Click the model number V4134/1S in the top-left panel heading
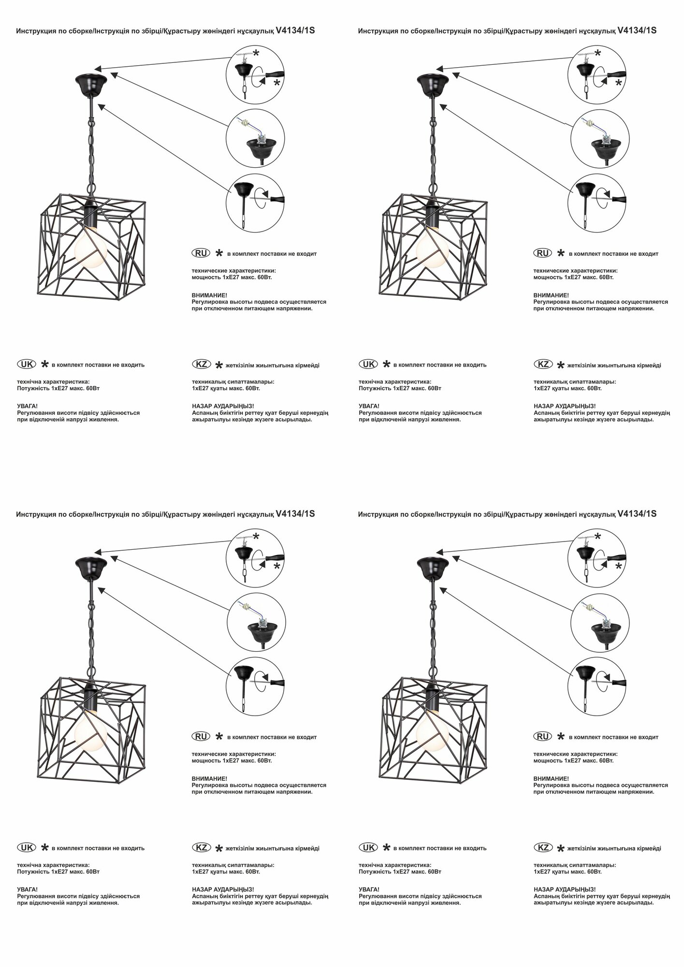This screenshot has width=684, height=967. (x=295, y=30)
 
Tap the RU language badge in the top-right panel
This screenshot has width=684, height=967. (x=543, y=253)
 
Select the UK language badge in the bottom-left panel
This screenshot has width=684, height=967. (x=26, y=847)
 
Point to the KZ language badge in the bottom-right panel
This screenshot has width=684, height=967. (x=543, y=847)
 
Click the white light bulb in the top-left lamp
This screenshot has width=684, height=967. (x=89, y=248)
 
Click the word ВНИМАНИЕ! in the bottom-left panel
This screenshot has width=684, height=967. (x=209, y=778)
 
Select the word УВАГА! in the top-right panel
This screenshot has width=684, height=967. (x=369, y=406)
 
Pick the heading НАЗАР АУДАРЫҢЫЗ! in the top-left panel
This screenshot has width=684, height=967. (x=223, y=406)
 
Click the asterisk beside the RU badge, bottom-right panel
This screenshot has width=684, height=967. (x=561, y=736)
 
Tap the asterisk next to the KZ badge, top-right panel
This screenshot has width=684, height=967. (x=561, y=366)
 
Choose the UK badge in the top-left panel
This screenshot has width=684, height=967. (x=26, y=364)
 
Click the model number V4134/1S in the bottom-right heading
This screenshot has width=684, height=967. (x=637, y=513)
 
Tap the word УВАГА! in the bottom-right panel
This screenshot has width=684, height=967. (x=369, y=889)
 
